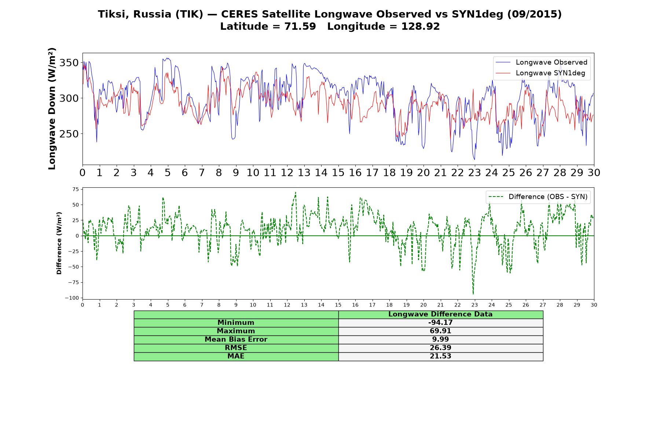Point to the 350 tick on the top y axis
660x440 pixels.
69,63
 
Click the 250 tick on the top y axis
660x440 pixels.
69,134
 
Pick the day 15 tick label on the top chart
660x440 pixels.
338,173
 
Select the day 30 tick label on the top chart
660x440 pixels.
594,173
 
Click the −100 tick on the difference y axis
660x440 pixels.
72,298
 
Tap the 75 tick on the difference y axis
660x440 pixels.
76,189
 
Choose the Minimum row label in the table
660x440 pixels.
236,323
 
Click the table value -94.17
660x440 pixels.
440,323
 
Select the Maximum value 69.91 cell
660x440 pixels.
440,331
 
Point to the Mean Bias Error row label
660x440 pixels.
236,340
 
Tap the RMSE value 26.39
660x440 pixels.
440,348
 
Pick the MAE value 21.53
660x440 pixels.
440,356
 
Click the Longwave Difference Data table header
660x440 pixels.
440,314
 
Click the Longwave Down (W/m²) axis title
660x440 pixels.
52,109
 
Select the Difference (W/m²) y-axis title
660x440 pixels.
59,243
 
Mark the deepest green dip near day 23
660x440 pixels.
473,294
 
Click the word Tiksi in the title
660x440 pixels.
113,14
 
